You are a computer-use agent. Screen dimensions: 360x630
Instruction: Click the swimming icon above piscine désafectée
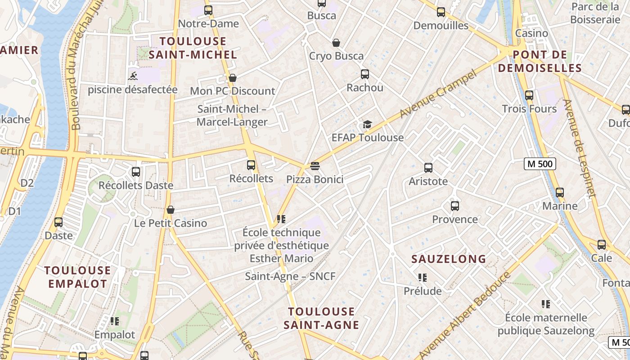point(133,76)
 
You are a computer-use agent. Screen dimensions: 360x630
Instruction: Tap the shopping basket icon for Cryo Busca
point(336,43)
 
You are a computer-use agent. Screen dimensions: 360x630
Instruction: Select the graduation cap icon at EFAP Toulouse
point(367,124)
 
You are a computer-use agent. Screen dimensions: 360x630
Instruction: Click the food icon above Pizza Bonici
point(315,166)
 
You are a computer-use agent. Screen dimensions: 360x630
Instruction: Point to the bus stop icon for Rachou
point(364,74)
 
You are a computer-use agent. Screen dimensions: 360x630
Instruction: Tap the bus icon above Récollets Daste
point(135,171)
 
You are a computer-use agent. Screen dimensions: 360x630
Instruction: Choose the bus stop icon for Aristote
point(428,168)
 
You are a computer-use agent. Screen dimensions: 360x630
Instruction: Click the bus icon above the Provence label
point(454,206)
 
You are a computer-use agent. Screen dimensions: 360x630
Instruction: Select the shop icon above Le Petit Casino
point(171,210)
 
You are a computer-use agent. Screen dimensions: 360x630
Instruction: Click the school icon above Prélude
point(422,278)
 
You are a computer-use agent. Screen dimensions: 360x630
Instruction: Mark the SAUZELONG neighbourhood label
point(449,259)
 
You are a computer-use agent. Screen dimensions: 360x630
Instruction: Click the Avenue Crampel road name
point(437,94)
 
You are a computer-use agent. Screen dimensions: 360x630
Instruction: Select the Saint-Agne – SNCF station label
point(290,276)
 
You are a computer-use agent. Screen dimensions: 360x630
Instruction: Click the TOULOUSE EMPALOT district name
point(77,277)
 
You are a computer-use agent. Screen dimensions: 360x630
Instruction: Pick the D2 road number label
point(27,183)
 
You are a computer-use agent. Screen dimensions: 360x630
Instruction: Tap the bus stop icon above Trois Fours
point(529,95)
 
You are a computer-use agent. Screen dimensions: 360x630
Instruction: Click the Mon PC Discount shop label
point(232,91)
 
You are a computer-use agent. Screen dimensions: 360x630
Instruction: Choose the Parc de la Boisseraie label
point(595,13)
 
